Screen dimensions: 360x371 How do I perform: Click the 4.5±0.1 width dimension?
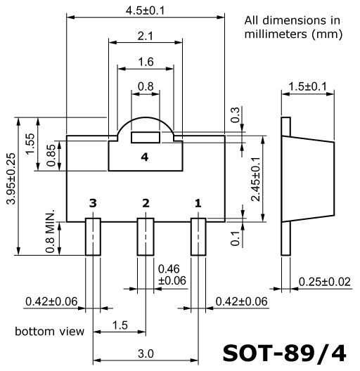(x=145, y=11)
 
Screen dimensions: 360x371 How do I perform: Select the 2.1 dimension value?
(x=145, y=36)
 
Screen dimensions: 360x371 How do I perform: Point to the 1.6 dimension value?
(x=146, y=62)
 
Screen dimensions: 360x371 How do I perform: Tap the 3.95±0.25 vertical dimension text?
(x=11, y=178)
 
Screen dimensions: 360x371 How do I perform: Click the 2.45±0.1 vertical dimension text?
(x=256, y=179)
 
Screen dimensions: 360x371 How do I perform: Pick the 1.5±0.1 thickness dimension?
(x=308, y=86)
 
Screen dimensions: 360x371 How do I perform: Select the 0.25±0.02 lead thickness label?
(x=324, y=282)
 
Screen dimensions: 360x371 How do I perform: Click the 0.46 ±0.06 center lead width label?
(x=172, y=275)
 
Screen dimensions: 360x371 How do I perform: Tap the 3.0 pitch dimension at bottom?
(x=146, y=353)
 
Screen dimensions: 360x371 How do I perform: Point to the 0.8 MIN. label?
(x=50, y=231)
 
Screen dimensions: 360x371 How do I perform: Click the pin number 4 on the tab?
(x=145, y=157)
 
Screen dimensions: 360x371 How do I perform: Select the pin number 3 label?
(x=93, y=203)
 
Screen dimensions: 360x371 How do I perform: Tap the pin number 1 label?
(x=198, y=203)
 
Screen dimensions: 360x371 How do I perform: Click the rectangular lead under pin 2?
(x=146, y=237)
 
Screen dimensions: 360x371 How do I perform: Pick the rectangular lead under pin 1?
(x=198, y=237)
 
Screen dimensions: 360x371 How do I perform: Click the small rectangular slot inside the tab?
(x=146, y=138)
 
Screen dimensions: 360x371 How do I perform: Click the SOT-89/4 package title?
(x=285, y=353)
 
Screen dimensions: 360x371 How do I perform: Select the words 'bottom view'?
(x=49, y=331)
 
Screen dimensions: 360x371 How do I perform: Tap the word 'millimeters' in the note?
(x=276, y=34)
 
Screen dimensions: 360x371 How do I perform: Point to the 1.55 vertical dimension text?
(x=30, y=144)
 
